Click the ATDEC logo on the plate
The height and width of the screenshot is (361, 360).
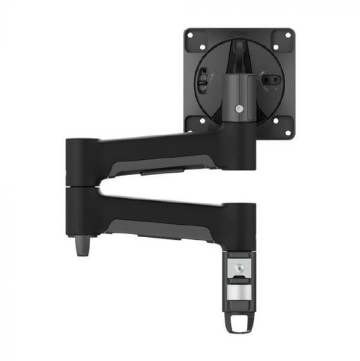pyautogui.click(x=238, y=32)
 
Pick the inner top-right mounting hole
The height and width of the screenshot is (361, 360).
pyautogui.click(x=274, y=48)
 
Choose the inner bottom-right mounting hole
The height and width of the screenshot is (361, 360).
pyautogui.click(x=274, y=119)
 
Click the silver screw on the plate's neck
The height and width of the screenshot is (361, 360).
pyautogui.click(x=238, y=108)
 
